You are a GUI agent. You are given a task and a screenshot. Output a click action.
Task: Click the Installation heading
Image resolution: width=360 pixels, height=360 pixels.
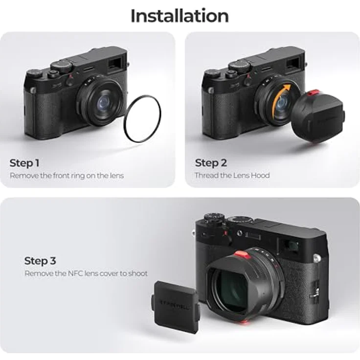click(180, 16)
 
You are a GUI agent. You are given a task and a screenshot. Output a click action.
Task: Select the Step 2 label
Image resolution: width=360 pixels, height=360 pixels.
click(211, 163)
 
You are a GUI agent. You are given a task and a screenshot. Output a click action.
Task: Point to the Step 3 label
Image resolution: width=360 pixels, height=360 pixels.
click(40, 261)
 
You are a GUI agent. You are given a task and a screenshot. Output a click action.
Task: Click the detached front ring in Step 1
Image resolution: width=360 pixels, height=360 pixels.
click(142, 119)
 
